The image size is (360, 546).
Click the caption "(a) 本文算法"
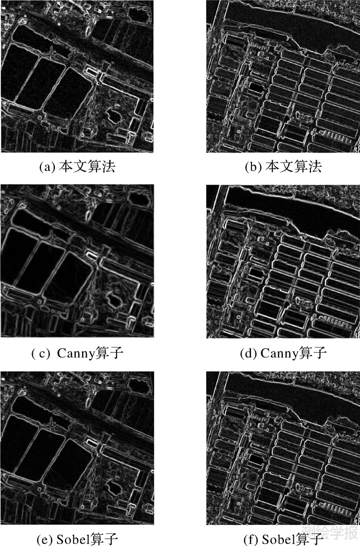click(77, 167)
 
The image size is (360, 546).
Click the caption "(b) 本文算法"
click(283, 167)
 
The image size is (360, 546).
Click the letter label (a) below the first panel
click(47, 167)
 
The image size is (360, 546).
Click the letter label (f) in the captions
click(251, 539)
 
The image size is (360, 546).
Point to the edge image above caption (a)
click(77, 77)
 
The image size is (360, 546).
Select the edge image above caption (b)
click(283, 77)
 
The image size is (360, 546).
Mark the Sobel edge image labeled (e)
click(77, 448)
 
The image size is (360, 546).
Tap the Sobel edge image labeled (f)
click(283, 448)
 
